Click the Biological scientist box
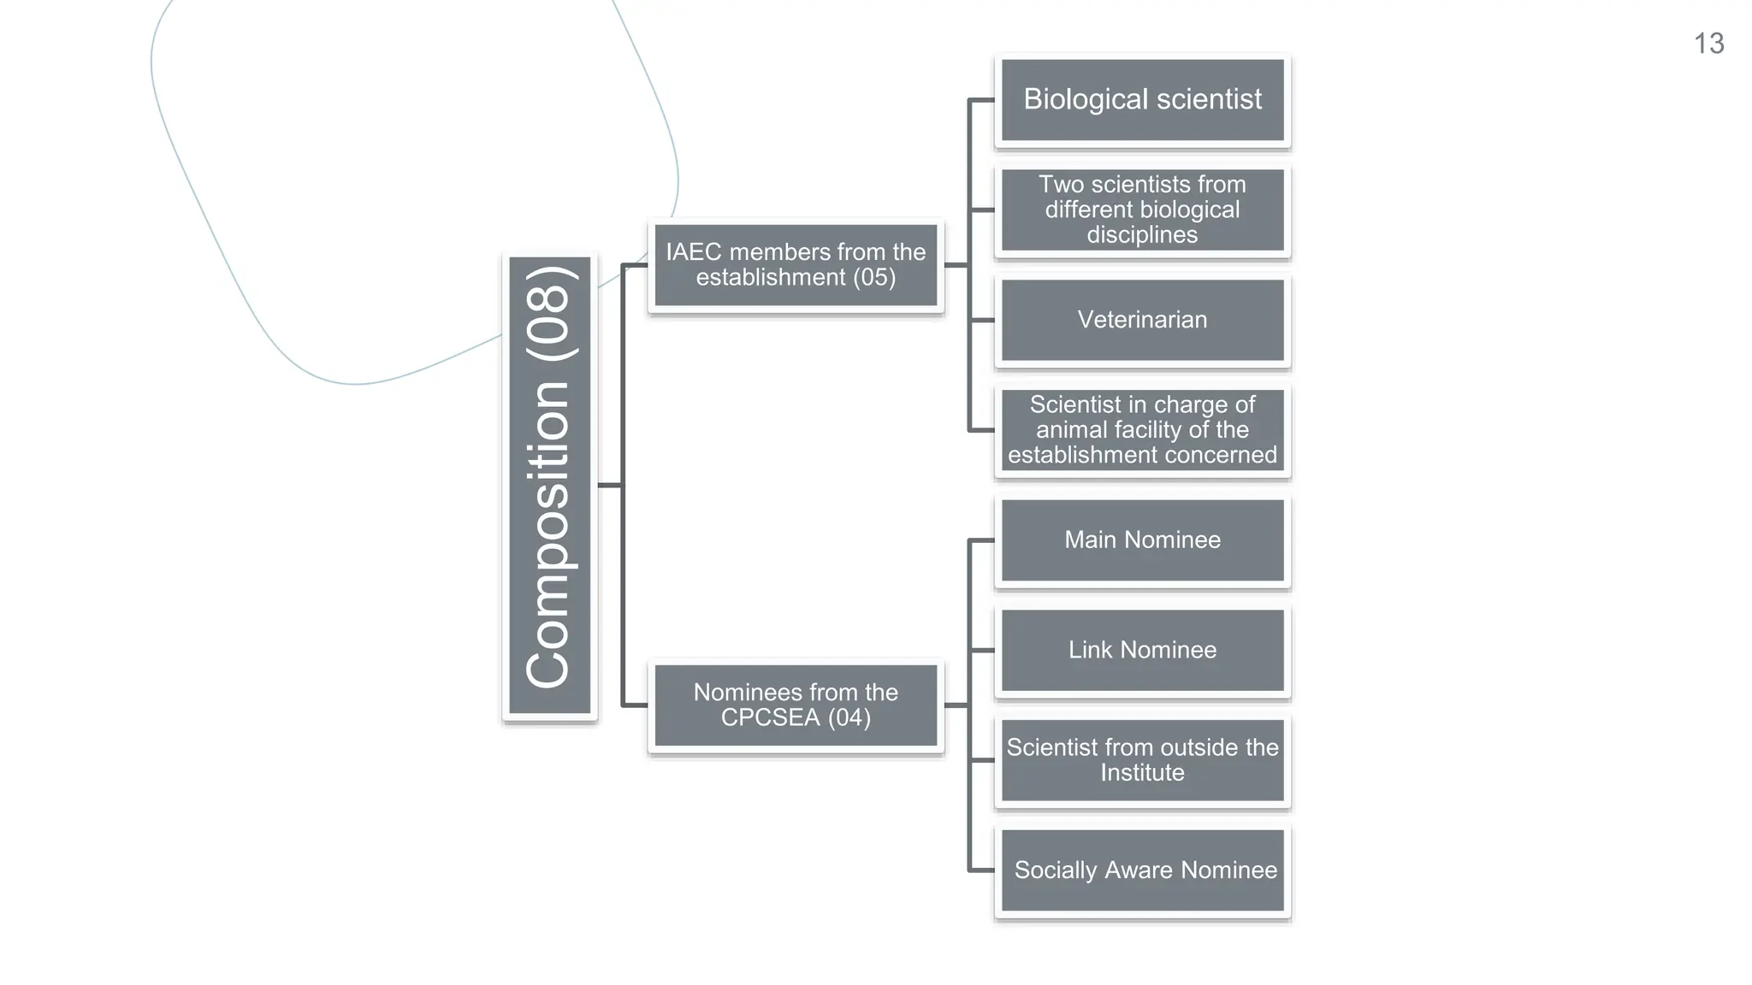(1142, 99)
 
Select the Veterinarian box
(1142, 320)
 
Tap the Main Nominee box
(1142, 540)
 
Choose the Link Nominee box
(1142, 650)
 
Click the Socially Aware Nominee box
(1142, 870)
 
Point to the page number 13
(1708, 44)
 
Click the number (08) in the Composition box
(548, 314)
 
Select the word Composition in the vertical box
(548, 534)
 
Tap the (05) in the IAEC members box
(873, 278)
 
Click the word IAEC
(694, 252)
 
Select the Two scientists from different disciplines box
(1142, 209)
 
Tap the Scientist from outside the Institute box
(1142, 760)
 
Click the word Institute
(1142, 773)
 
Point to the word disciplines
(1142, 235)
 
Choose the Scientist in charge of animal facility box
(1142, 430)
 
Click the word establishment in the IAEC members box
(771, 278)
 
